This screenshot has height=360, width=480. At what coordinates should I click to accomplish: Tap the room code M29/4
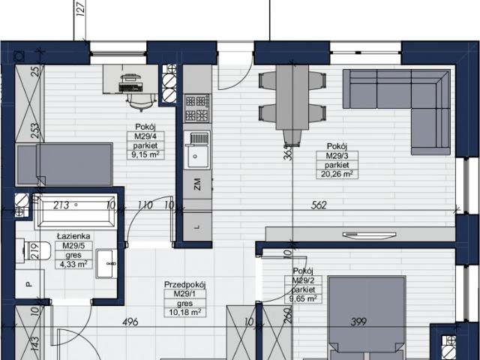click(145, 136)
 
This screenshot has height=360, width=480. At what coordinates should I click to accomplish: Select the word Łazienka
click(73, 235)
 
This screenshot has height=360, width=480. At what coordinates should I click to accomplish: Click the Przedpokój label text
click(184, 284)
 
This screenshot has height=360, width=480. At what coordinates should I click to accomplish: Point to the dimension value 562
click(319, 205)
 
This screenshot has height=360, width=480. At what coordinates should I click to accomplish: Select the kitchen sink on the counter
click(198, 151)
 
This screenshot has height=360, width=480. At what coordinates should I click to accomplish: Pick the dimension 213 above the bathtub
click(61, 205)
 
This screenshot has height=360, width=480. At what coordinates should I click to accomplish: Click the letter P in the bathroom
click(28, 285)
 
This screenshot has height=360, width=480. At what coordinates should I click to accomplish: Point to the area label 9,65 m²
click(303, 298)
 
